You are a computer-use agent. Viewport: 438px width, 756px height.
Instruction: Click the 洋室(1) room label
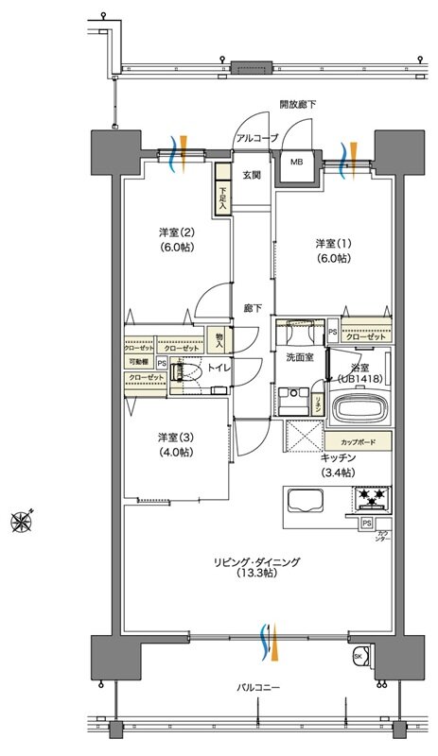tap(332, 250)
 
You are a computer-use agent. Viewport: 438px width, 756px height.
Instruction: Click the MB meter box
tap(296, 163)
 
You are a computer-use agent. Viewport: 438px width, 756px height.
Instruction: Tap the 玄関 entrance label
tap(251, 176)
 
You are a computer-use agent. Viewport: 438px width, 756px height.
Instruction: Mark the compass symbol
tap(22, 518)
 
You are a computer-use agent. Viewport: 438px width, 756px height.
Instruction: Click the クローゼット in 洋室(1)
tap(363, 336)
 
